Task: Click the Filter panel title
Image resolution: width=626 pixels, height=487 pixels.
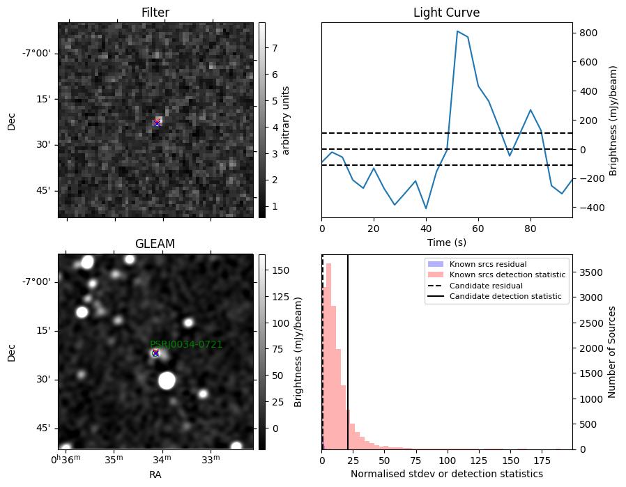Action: tap(155, 13)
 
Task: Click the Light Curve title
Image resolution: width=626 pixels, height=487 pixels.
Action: tap(446, 13)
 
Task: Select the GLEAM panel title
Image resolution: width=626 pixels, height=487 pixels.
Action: tap(155, 243)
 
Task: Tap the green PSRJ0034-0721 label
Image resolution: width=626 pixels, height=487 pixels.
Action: tap(186, 344)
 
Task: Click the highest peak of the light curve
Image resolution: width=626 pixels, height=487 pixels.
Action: tap(457, 31)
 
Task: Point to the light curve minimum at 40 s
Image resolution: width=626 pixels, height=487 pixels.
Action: tap(426, 208)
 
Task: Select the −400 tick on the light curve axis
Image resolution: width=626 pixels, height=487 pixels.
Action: tap(586, 208)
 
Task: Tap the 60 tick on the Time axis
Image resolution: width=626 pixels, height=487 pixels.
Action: tap(478, 229)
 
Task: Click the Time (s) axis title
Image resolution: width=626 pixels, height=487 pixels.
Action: tap(447, 242)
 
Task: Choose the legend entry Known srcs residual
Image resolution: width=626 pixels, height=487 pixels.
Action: tap(488, 264)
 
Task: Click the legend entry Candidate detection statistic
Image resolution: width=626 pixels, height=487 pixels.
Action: tap(505, 296)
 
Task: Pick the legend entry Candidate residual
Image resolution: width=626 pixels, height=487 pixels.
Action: tap(486, 286)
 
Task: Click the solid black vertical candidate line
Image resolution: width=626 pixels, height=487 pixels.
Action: tap(348, 353)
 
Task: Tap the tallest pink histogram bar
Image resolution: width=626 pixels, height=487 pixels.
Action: tap(329, 356)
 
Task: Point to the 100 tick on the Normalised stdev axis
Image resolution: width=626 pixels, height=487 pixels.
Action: tap(447, 461)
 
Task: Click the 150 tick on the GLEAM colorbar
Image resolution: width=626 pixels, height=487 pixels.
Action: tap(281, 270)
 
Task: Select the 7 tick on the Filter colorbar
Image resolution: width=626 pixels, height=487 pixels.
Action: tap(275, 48)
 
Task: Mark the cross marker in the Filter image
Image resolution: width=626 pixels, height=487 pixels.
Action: tap(157, 123)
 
